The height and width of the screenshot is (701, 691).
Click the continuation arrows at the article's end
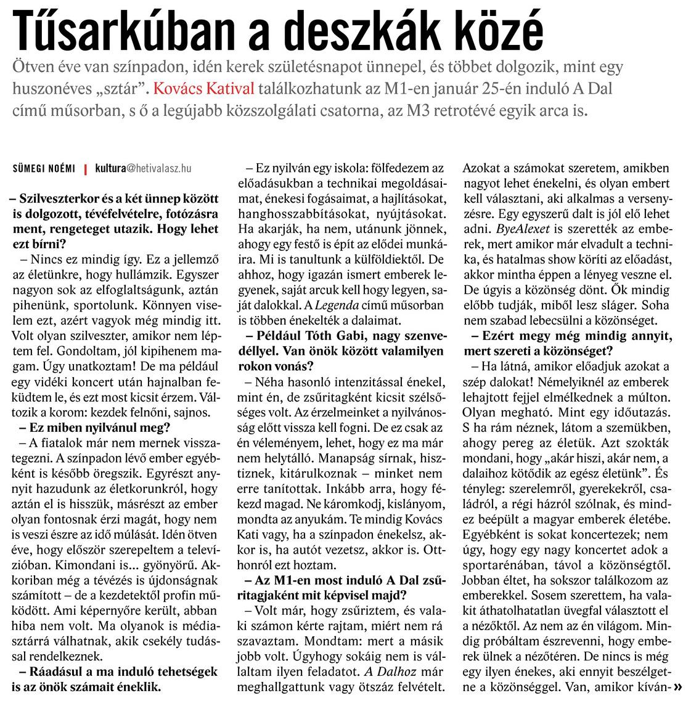[678, 686]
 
